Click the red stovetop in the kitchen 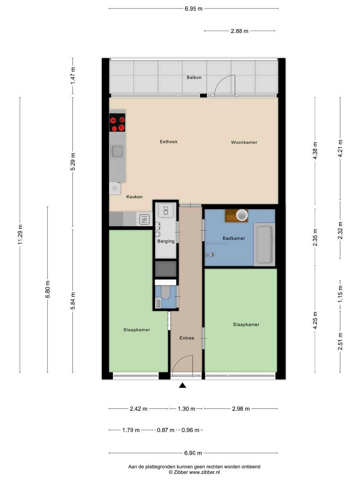click(x=117, y=122)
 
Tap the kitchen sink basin click(x=117, y=151)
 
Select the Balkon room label click(x=194, y=77)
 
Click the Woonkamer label click(x=244, y=142)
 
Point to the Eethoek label click(x=169, y=142)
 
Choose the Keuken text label click(x=134, y=197)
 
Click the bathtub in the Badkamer click(x=265, y=244)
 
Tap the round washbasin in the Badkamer click(x=242, y=215)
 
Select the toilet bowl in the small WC click(x=165, y=292)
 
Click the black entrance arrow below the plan click(x=182, y=385)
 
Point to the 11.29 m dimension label click(x=20, y=234)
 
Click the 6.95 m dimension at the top click(x=194, y=9)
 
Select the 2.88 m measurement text click(x=239, y=31)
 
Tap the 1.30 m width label click(x=186, y=409)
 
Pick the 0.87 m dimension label click(x=165, y=430)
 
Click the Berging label click(x=166, y=241)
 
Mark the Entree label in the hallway click(x=187, y=338)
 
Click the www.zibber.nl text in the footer click(x=204, y=472)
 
